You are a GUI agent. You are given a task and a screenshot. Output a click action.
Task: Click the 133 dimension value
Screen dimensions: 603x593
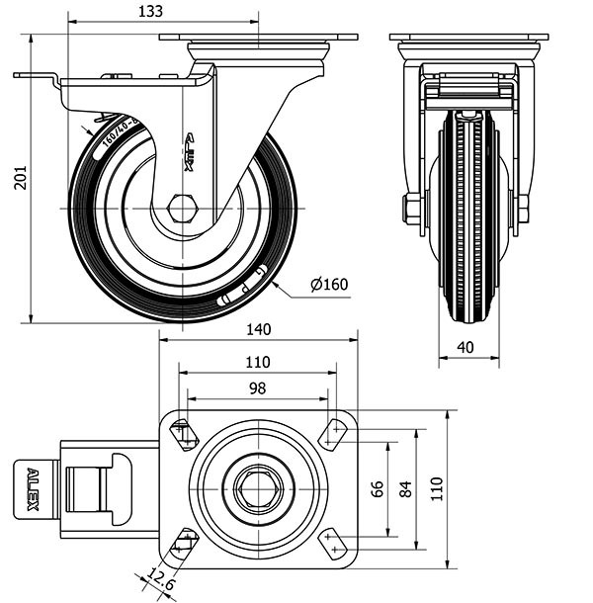click(149, 11)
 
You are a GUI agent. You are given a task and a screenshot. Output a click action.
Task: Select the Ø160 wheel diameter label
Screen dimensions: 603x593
click(329, 285)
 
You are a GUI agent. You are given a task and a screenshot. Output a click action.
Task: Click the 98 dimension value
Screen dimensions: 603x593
click(257, 388)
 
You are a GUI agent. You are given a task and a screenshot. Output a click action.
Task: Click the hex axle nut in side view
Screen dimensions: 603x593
click(183, 210)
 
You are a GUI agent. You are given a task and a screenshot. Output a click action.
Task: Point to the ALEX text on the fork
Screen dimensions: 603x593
click(189, 152)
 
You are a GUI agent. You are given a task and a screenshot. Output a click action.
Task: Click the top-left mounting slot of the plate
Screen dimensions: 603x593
click(183, 434)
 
